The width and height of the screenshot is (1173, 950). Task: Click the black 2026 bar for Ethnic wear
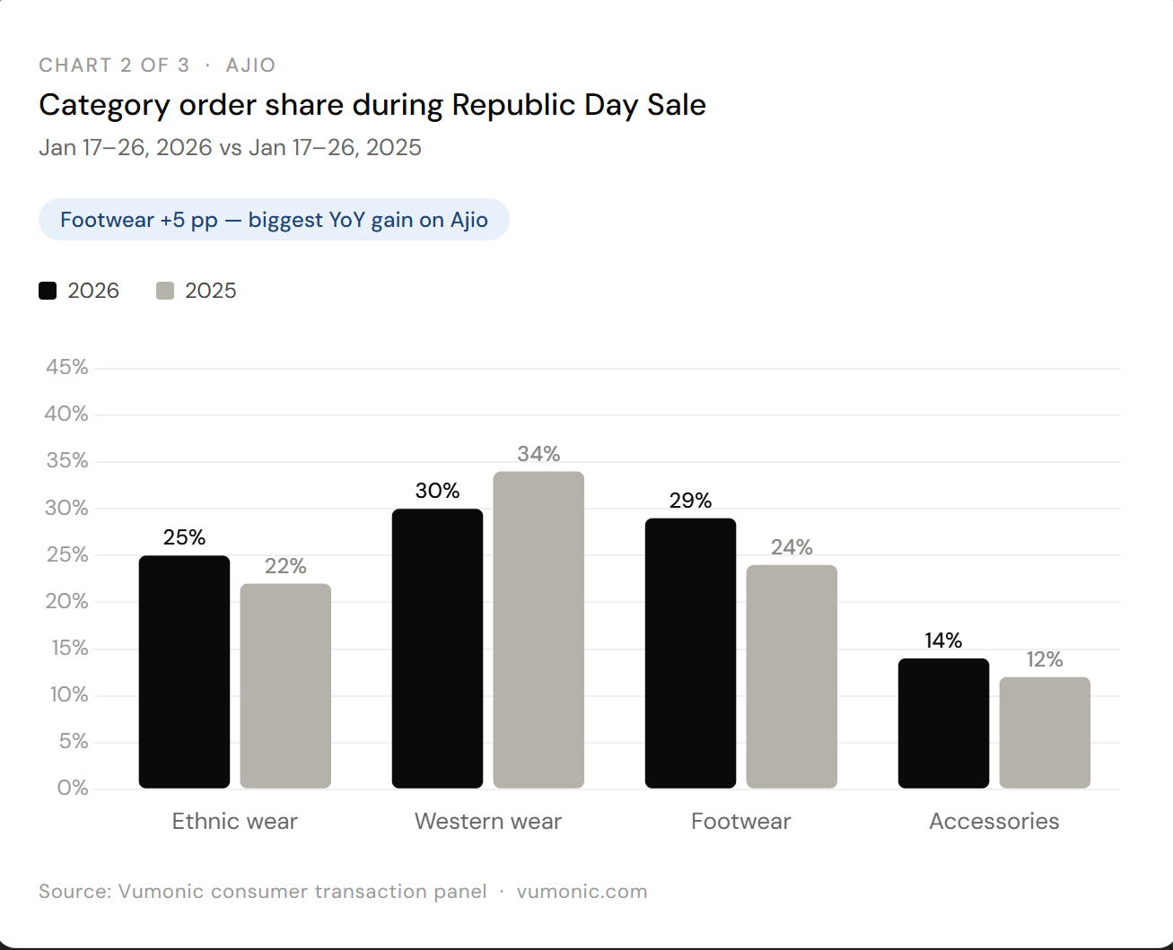[x=184, y=672]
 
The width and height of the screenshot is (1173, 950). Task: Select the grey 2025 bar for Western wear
[x=538, y=630]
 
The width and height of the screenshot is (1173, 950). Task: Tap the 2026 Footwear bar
[x=690, y=653]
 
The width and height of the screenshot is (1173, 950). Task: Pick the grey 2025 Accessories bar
[x=1045, y=732]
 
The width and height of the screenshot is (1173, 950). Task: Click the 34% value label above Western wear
[x=538, y=454]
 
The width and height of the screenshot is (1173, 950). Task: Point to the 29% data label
[x=690, y=501]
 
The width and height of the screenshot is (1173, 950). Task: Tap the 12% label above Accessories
[x=1045, y=659]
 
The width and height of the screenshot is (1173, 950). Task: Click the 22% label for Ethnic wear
[x=285, y=566]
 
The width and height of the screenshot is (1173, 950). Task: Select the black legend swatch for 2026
[x=48, y=291]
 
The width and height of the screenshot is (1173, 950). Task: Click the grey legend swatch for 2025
[x=165, y=291]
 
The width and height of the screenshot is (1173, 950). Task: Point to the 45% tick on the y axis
[x=66, y=367]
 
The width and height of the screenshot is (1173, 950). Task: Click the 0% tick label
[x=73, y=789]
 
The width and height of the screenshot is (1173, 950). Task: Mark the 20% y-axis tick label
[x=66, y=601]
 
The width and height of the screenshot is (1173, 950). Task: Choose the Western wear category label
[x=488, y=821]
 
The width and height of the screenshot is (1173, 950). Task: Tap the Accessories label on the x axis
[x=994, y=821]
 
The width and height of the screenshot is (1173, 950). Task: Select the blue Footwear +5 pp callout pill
[x=274, y=220]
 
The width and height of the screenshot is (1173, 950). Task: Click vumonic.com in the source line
[x=582, y=891]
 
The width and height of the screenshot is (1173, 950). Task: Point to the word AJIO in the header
[x=250, y=65]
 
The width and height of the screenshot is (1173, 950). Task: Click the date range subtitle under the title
[x=230, y=147]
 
